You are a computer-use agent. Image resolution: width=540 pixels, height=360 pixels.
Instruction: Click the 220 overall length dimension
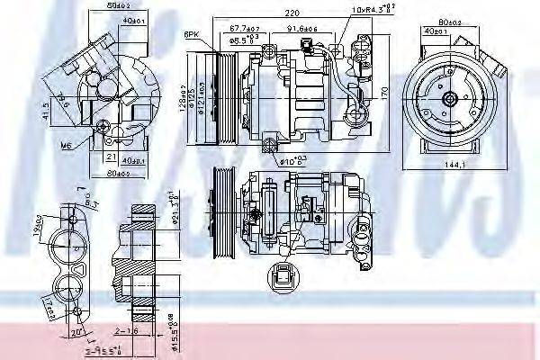coord(285,14)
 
